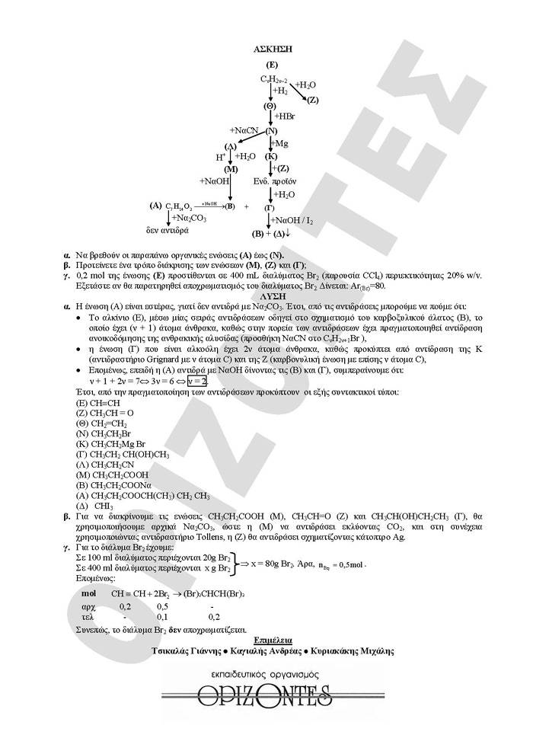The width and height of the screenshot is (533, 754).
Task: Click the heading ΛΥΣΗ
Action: coord(271,294)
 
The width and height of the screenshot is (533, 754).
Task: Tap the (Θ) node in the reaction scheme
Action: coord(270,105)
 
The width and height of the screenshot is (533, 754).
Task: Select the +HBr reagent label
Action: coord(286,117)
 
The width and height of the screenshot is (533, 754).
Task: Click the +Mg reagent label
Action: coord(280,142)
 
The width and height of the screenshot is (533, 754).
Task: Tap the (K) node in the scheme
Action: coord(271,155)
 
